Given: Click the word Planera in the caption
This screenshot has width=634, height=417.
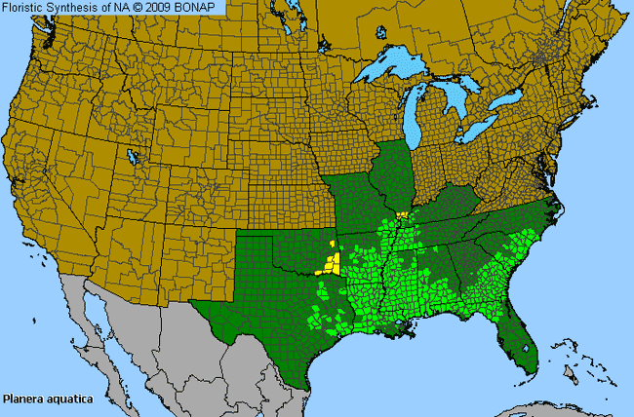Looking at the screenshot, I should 21,398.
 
